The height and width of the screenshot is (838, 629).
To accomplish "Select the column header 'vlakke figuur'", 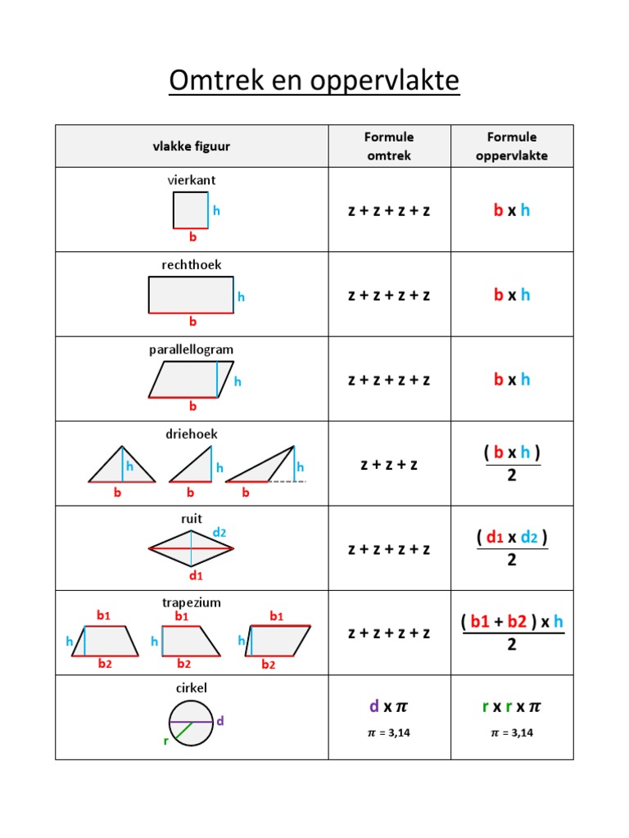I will [191, 146].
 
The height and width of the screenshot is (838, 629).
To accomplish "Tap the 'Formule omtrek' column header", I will [389, 146].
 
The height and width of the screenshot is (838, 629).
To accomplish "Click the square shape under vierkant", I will [190, 210].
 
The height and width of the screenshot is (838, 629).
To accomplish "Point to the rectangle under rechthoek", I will [191, 295].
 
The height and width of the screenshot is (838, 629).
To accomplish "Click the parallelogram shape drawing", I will [191, 380].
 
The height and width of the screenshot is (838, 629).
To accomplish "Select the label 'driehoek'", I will [191, 435].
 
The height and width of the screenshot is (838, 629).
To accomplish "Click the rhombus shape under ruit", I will [191, 548].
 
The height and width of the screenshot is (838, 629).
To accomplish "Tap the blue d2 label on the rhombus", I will [219, 533].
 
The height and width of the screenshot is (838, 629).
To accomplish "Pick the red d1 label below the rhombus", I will [195, 575].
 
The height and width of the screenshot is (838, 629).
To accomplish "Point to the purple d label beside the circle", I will [220, 721].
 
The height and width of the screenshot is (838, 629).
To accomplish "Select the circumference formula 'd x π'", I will [388, 705].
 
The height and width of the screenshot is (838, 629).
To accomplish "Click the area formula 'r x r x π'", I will [512, 705].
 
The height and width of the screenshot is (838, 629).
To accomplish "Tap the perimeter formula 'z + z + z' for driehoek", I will [389, 465].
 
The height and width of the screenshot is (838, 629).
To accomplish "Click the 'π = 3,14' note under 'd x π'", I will [388, 733].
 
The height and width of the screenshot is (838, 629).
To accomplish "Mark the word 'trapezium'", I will [191, 603].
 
